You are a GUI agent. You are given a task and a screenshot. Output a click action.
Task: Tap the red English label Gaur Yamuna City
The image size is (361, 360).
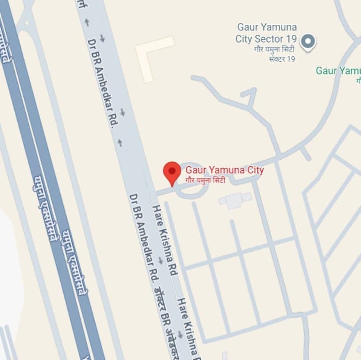tap(225, 170)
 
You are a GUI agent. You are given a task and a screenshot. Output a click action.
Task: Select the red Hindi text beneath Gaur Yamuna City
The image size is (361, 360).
tap(206, 180)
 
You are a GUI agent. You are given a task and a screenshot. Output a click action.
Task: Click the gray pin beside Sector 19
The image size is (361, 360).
tap(307, 42)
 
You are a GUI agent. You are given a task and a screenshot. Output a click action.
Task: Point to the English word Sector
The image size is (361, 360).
tap(268, 39)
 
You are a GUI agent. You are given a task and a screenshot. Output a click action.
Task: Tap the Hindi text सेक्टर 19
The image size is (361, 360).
tap(282, 59)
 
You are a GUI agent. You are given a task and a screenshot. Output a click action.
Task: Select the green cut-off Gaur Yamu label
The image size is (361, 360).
tap(338, 70)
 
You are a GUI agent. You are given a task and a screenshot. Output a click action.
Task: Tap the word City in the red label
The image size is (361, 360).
tap(254, 170)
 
